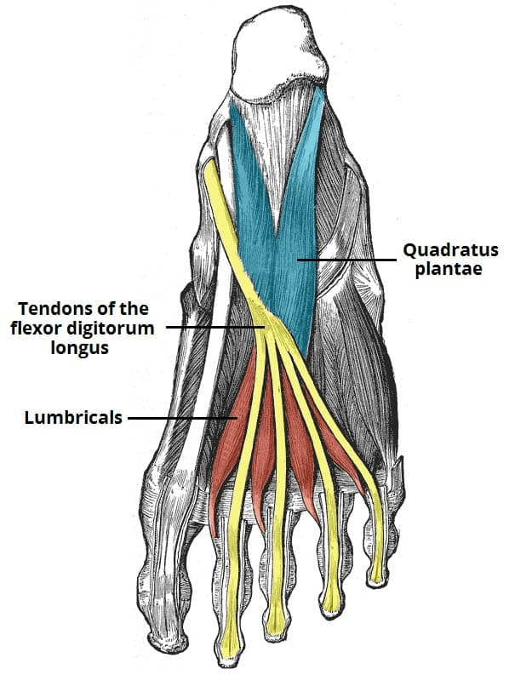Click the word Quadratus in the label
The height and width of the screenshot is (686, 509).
(450, 251)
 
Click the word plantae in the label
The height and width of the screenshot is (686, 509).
(449, 269)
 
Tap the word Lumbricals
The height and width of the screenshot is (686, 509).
(73, 417)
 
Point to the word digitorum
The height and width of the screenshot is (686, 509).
(114, 329)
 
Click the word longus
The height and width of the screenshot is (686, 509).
(80, 348)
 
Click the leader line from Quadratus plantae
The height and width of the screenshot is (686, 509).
(346, 260)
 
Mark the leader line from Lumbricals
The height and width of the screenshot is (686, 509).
(182, 418)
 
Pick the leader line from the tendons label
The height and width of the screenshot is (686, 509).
(215, 327)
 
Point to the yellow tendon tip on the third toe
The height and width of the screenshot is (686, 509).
(276, 621)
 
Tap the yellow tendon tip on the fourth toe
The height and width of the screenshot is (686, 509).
(332, 603)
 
